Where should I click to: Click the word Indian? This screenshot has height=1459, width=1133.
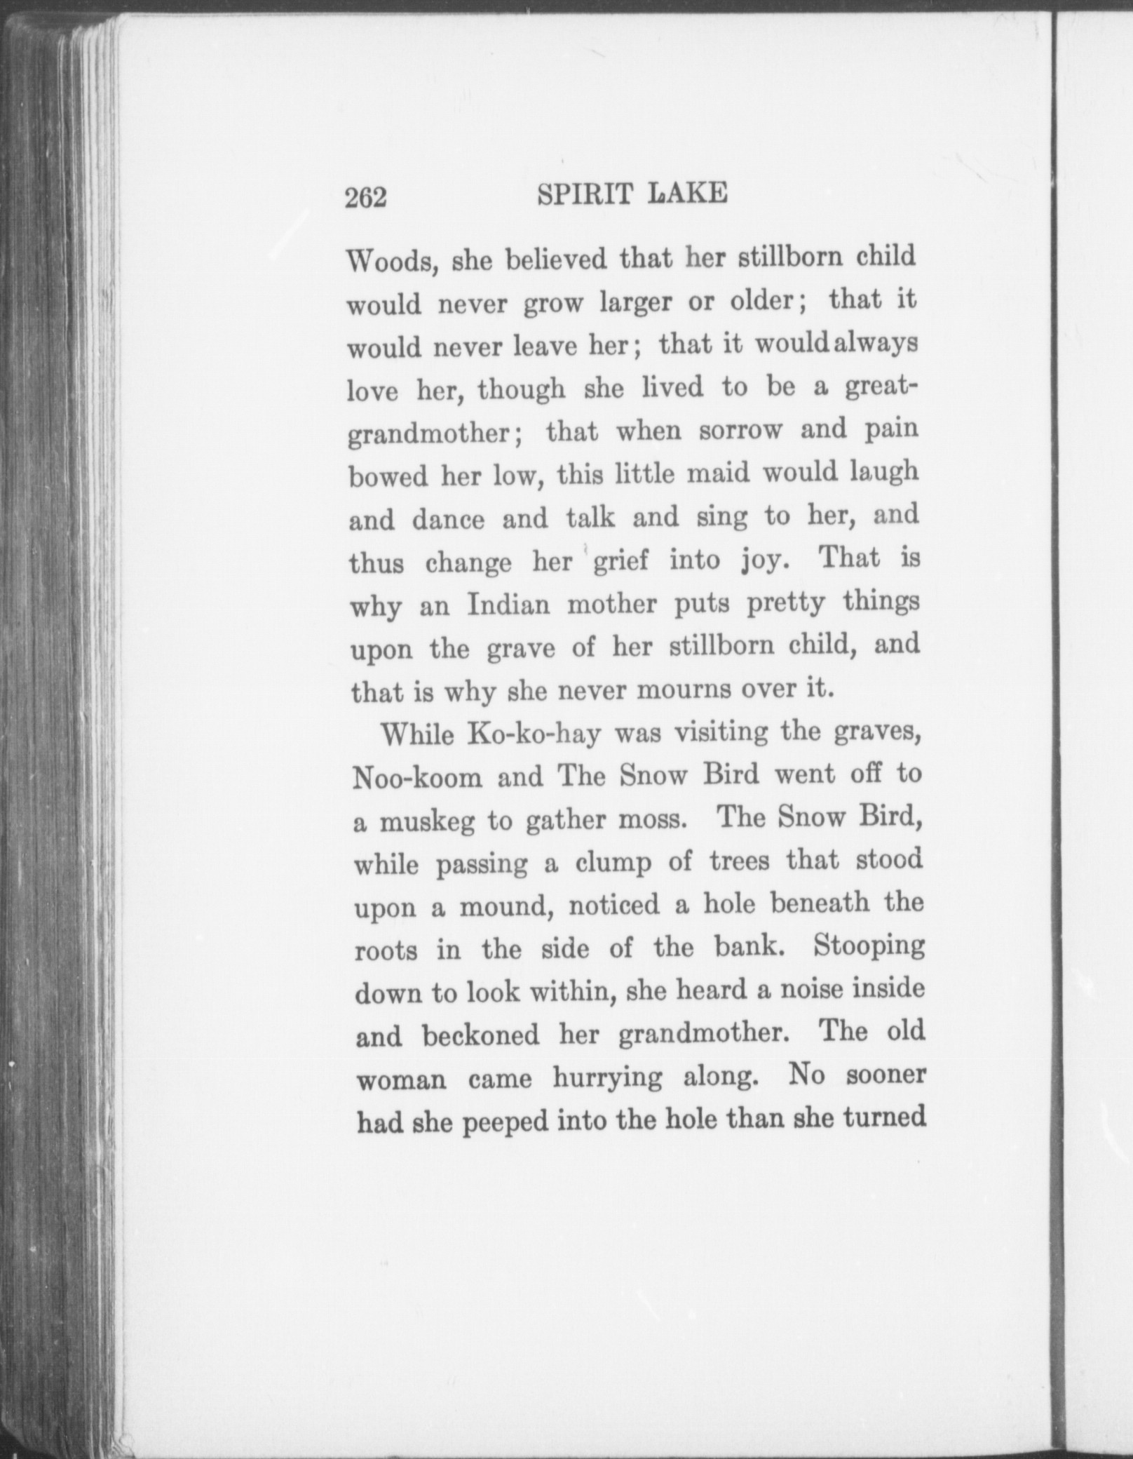point(508,604)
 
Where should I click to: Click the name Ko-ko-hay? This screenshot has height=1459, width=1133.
point(534,734)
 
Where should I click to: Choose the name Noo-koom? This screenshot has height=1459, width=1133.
point(418,778)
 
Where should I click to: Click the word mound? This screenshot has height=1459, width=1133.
point(506,908)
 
